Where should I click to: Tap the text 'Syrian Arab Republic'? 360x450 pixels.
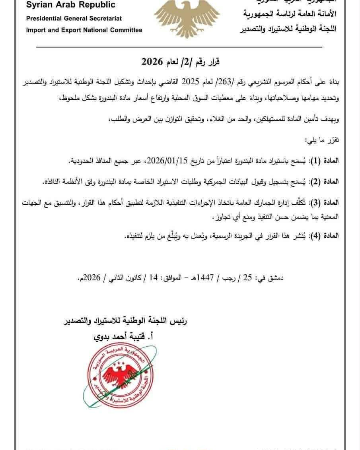coord(71,5)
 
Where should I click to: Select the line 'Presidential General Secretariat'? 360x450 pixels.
coord(74,18)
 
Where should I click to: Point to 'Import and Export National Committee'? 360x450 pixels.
coord(84,30)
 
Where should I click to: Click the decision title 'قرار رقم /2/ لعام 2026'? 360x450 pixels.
coord(181,62)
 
